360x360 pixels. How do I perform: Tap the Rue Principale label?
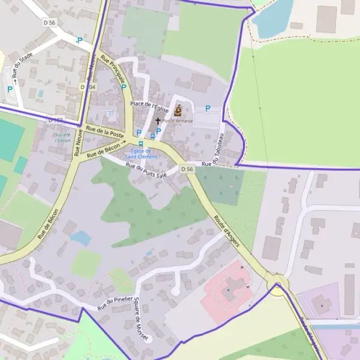[113, 70]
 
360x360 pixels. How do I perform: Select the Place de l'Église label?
[149, 106]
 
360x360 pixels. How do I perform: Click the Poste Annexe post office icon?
[178, 110]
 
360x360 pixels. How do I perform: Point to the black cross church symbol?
[158, 121]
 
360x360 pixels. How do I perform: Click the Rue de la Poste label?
[104, 131]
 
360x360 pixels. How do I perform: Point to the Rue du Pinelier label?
[114, 299]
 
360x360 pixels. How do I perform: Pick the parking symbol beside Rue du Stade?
[10, 89]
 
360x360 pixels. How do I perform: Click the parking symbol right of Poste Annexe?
[208, 109]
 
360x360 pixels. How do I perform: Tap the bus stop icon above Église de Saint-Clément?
[141, 144]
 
